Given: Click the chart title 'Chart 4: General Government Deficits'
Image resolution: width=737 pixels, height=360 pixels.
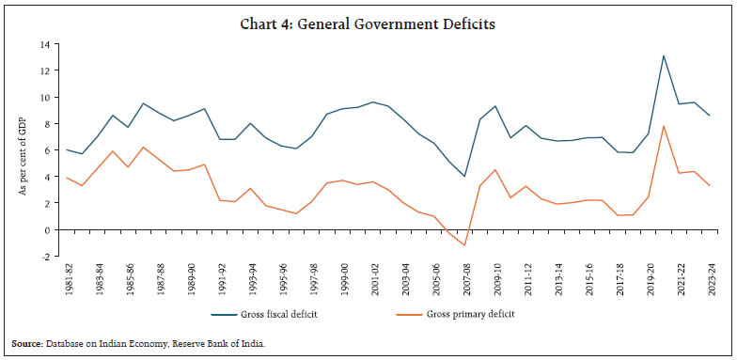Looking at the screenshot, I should [368, 15].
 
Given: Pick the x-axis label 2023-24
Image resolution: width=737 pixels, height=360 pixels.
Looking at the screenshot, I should [710, 279].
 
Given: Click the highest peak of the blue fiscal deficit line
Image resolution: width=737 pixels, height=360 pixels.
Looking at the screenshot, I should [664, 55].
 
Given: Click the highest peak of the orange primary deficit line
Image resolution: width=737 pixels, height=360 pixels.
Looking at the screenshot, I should [664, 126].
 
